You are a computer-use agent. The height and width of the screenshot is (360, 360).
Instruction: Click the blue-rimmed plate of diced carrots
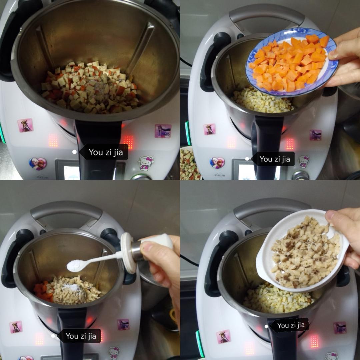click(292, 62)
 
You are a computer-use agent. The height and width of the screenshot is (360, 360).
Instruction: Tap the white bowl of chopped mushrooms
click(303, 250)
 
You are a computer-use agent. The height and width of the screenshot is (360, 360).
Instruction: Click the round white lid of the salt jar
click(128, 253)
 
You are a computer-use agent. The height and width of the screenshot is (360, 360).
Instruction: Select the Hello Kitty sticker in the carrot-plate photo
click(304, 161)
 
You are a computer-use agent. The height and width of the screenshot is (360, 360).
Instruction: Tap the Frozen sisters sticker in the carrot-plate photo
click(217, 163)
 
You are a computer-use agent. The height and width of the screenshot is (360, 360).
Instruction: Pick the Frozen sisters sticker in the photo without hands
click(38, 164)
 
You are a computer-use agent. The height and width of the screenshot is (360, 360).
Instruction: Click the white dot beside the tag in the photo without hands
click(74, 152)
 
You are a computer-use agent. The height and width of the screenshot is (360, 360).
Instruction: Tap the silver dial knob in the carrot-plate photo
click(300, 175)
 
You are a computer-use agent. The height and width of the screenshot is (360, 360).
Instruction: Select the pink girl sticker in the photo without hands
click(25, 125)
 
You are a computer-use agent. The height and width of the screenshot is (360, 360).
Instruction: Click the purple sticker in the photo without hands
click(163, 131)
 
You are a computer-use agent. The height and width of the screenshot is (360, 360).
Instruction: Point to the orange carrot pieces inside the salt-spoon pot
click(42, 292)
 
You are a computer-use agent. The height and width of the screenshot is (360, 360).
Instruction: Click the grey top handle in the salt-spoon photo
click(67, 210)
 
